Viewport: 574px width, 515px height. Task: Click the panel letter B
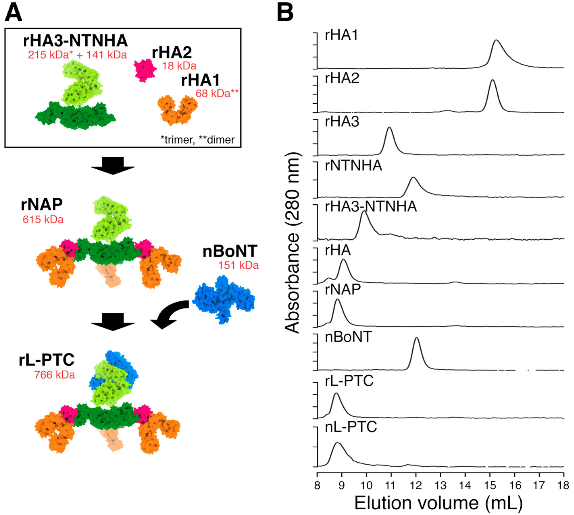(285, 13)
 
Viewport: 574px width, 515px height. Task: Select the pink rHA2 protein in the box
(145, 70)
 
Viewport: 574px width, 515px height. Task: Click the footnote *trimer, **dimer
(197, 140)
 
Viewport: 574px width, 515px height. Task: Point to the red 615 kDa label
(43, 220)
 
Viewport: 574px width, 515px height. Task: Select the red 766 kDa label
(54, 375)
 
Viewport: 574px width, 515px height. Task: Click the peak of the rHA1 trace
(496, 40)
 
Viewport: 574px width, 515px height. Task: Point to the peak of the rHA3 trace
(389, 128)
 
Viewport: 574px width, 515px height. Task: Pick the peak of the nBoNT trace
(416, 338)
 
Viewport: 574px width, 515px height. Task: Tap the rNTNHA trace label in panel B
(353, 166)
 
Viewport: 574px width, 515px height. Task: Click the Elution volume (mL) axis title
(439, 503)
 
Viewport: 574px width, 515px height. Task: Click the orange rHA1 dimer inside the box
(177, 110)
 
